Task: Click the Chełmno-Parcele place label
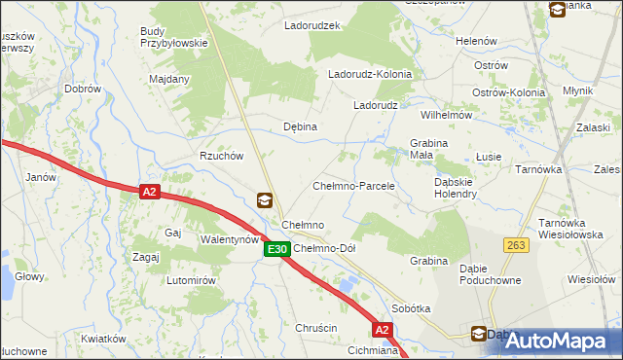pos(352,185)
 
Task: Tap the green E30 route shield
pos(276,249)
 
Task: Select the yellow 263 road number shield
pos(515,245)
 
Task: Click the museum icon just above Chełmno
pos(264,200)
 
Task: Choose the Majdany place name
pos(168,79)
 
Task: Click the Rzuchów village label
pos(220,156)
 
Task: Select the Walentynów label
pos(229,238)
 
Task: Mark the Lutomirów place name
pos(190,280)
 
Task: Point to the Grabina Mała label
pos(428,150)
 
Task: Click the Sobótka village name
pos(411,307)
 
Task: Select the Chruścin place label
pos(316,328)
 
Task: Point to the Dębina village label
pos(300,126)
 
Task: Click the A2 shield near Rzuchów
pos(148,193)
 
